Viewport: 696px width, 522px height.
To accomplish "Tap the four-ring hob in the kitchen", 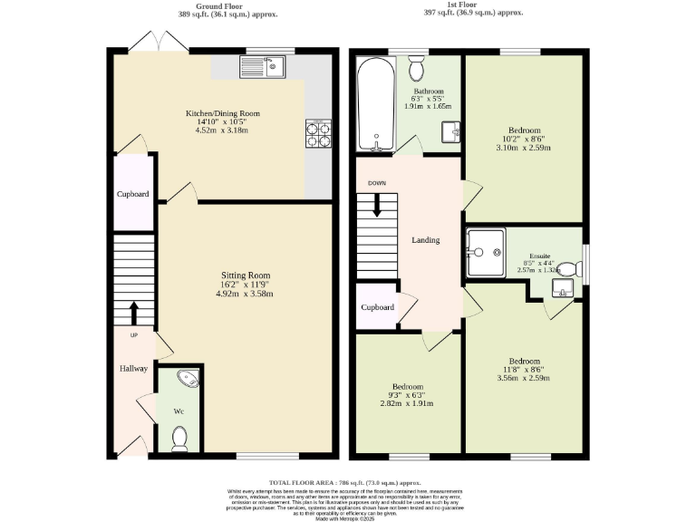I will pos(319,134).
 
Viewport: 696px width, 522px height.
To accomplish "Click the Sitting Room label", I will pos(246,275).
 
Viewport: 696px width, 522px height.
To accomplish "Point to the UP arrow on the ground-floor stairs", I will pos(134,313).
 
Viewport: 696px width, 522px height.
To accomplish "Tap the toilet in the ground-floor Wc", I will pos(179,439).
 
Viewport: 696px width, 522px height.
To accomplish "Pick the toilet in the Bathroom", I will pos(417,67).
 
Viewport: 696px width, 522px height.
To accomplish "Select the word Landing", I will pos(426,240).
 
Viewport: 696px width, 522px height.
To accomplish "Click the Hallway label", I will pos(134,369).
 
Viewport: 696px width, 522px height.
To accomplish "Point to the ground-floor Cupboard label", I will pos(132,195).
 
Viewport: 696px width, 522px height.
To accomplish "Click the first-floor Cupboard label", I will pos(378,307).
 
